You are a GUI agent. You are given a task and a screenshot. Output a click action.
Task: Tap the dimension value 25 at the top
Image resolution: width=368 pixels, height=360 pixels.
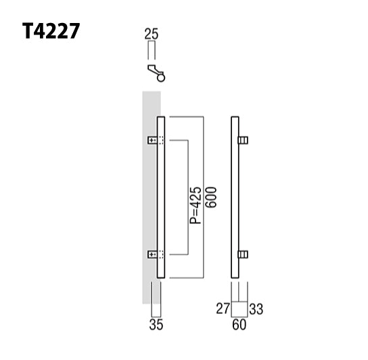152,32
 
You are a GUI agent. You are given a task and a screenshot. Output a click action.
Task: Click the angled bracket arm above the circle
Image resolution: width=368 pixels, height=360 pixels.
152,70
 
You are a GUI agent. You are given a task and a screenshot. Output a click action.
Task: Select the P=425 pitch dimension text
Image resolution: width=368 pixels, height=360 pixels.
195,206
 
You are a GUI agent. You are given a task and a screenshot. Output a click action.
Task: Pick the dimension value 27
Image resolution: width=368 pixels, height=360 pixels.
221,310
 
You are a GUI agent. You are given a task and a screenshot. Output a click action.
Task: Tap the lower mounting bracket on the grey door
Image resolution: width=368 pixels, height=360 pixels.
156,255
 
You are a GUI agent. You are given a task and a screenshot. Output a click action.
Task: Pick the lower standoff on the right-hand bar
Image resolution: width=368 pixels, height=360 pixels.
244,255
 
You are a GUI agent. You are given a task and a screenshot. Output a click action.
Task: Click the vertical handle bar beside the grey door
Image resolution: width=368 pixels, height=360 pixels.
161,198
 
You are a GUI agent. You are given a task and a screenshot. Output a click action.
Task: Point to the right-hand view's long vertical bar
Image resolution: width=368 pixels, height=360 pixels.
235,198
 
